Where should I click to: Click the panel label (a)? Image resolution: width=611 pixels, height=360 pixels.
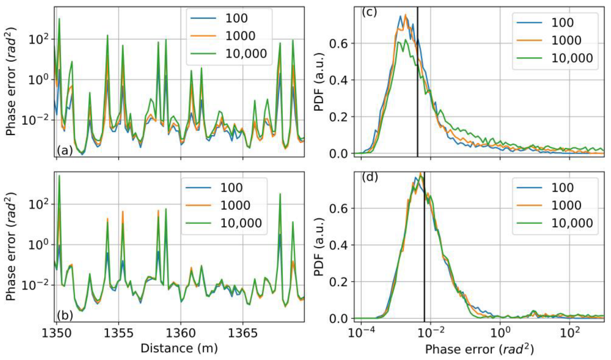(65, 150)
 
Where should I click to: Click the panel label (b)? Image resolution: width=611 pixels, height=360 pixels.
(65, 315)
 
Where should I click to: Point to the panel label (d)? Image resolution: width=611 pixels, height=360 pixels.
(370, 177)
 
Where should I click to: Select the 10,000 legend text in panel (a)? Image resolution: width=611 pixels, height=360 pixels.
(246, 54)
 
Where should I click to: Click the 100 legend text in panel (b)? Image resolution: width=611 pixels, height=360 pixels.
(231, 188)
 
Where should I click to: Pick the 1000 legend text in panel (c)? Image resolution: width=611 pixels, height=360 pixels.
(566, 40)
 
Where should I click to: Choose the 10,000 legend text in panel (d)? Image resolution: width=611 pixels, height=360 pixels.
(572, 223)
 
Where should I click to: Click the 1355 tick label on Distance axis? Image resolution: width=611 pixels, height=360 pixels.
(118, 333)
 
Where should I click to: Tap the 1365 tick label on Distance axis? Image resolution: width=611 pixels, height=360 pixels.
(242, 333)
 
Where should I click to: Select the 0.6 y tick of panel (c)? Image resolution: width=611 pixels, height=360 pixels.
(338, 43)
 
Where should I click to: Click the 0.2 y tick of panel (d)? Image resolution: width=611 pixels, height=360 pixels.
(338, 282)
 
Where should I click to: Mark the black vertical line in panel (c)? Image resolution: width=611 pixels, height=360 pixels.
(417, 102)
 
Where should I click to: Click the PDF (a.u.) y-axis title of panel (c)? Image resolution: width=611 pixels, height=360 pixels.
(319, 81)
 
